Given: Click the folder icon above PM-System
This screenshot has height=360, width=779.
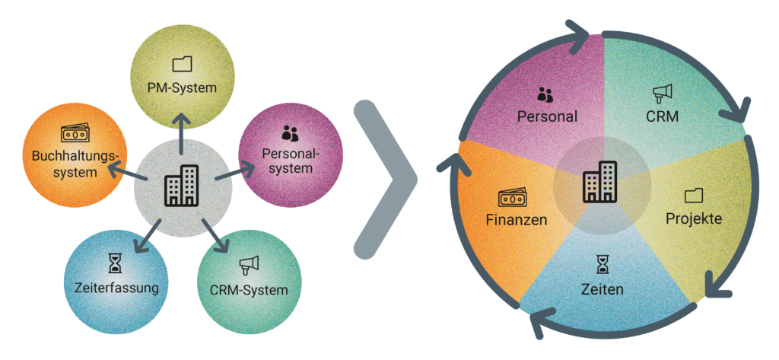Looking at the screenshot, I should pyautogui.click(x=182, y=64).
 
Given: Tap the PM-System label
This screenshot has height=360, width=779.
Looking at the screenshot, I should pyautogui.click(x=182, y=88).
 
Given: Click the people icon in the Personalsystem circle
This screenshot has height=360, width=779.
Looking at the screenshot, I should pyautogui.click(x=290, y=134).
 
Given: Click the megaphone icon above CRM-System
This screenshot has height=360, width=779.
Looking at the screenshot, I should pyautogui.click(x=250, y=266).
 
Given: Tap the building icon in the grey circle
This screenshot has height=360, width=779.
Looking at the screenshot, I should pyautogui.click(x=182, y=186).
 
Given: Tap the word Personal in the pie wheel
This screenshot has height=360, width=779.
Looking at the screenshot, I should pyautogui.click(x=547, y=116).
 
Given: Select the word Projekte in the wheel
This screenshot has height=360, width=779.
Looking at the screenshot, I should pyautogui.click(x=693, y=218).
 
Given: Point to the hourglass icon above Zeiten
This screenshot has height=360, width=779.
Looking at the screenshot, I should pyautogui.click(x=603, y=263).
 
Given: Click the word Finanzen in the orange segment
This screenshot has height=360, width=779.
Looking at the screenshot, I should pyautogui.click(x=515, y=221).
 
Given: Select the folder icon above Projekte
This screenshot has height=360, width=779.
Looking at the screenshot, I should pyautogui.click(x=693, y=196).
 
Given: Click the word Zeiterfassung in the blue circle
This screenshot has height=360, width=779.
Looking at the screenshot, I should pyautogui.click(x=116, y=288).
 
